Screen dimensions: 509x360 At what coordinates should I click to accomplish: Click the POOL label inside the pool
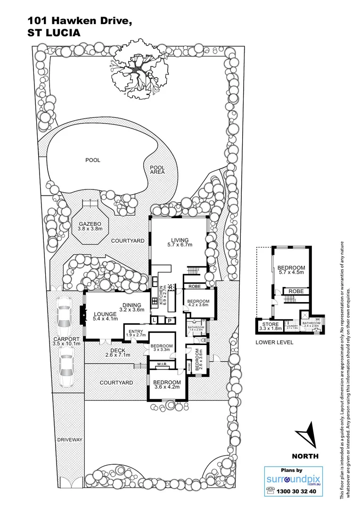pyautogui.click(x=93, y=160)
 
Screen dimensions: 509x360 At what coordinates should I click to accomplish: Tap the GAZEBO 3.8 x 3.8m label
pyautogui.click(x=90, y=225)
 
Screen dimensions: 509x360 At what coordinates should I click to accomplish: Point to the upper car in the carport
pyautogui.click(x=64, y=315)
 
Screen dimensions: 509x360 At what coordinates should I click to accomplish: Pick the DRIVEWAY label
pyautogui.click(x=70, y=440)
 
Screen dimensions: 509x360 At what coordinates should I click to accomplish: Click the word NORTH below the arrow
pyautogui.click(x=305, y=456)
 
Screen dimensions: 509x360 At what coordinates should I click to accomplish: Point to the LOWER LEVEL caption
pyautogui.click(x=274, y=342)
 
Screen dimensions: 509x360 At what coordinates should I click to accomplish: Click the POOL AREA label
pyautogui.click(x=157, y=170)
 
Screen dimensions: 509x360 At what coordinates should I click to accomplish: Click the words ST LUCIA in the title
pyautogui.click(x=54, y=33)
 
